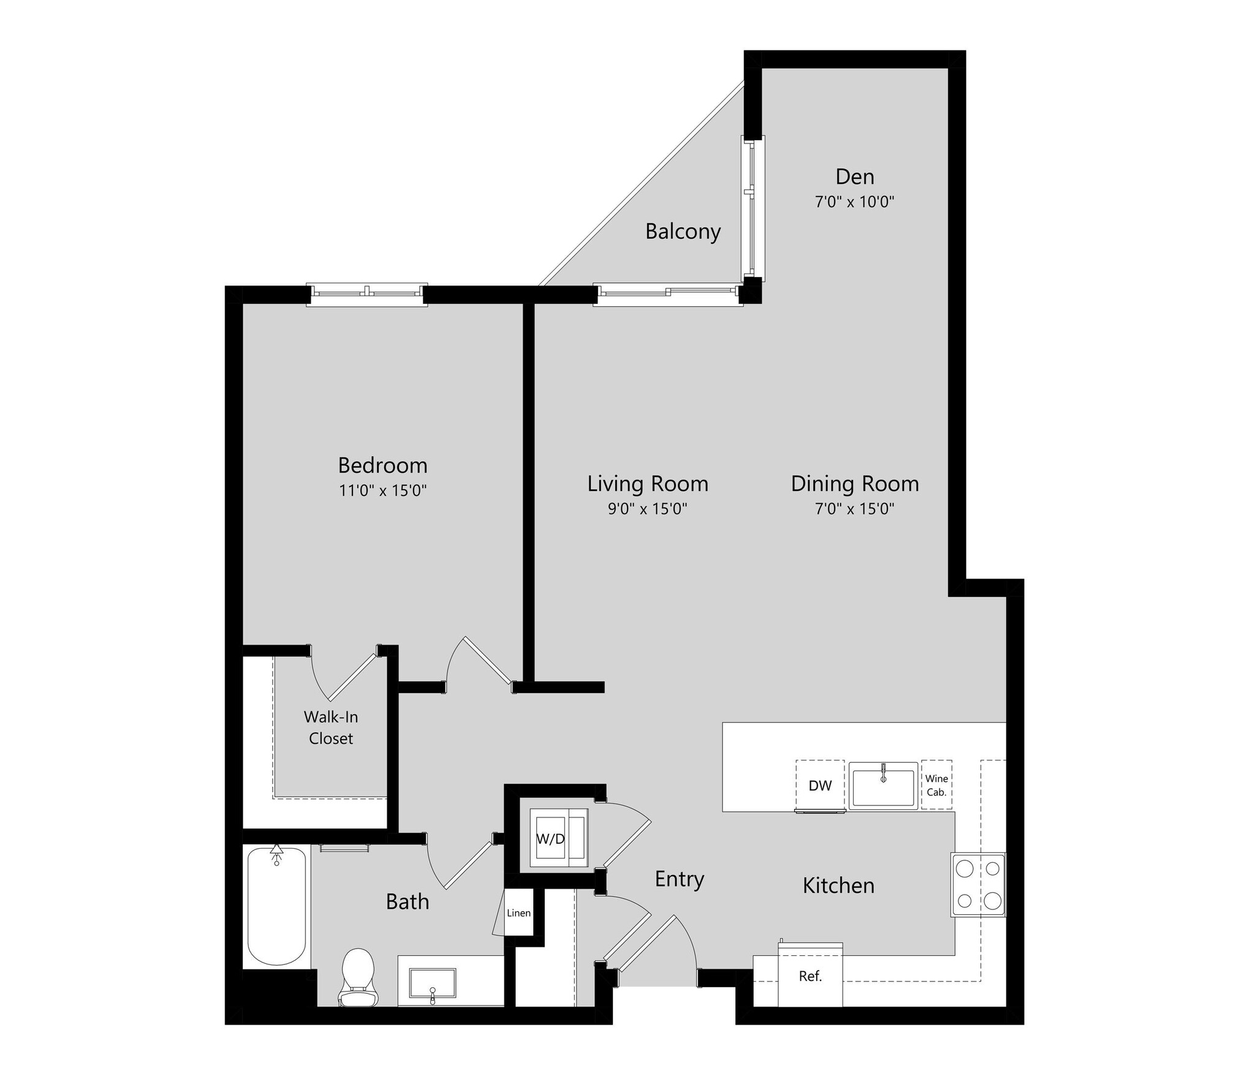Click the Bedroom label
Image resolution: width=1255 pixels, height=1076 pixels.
click(382, 466)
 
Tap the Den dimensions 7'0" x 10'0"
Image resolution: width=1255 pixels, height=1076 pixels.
click(854, 202)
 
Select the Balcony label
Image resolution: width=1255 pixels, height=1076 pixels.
click(683, 232)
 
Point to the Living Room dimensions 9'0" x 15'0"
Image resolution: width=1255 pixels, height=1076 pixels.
click(647, 509)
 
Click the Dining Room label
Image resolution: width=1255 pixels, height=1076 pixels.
click(854, 484)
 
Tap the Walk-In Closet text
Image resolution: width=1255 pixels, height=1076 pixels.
click(331, 727)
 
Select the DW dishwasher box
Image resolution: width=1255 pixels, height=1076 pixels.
click(820, 786)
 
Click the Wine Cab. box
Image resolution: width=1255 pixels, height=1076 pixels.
click(936, 786)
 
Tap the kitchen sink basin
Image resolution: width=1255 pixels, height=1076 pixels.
click(883, 787)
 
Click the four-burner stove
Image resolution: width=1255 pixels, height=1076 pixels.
click(978, 885)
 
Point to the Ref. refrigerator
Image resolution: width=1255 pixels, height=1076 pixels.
click(810, 977)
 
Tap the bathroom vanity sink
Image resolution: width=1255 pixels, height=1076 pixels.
click(432, 987)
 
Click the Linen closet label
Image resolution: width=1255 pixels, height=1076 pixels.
click(518, 913)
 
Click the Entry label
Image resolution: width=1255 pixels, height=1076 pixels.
click(679, 879)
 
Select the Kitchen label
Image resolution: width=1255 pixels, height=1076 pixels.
click(838, 885)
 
